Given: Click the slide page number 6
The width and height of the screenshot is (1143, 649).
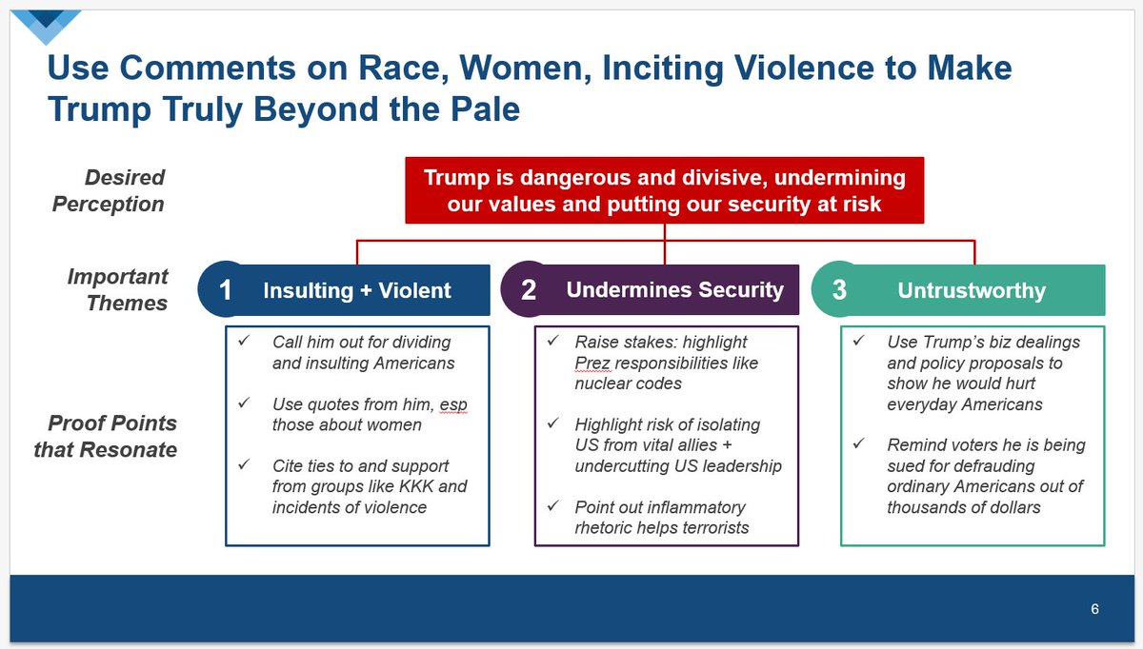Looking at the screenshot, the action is tap(1094, 609).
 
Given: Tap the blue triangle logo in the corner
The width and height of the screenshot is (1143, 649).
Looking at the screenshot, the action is tap(46, 27).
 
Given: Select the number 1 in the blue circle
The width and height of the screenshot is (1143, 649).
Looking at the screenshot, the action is tap(225, 290).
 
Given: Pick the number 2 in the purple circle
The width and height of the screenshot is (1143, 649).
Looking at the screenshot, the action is tap(529, 289).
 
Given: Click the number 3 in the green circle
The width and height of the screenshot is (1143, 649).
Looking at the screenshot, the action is tap(839, 289).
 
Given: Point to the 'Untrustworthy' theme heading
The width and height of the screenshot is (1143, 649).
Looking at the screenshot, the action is tap(972, 290).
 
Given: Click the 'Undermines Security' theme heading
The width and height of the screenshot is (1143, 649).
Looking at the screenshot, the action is tap(674, 289).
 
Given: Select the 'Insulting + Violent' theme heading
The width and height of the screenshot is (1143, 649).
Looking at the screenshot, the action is tap(356, 290).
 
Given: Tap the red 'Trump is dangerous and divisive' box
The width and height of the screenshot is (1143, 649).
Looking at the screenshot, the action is tap(665, 190).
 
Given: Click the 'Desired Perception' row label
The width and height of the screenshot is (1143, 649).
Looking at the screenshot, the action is tap(109, 190).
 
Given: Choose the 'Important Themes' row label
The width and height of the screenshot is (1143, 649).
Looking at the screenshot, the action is tap(117, 289).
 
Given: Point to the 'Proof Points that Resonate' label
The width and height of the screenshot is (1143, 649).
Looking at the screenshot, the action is tap(105, 437).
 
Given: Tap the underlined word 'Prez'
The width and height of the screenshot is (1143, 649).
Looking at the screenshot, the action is tap(592, 363).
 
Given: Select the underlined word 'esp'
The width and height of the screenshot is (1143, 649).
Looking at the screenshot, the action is tap(453, 404).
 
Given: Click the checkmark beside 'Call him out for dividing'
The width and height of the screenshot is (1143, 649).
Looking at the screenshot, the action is tap(244, 340).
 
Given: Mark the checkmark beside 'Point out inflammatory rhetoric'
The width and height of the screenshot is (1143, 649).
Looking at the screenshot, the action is tap(553, 505).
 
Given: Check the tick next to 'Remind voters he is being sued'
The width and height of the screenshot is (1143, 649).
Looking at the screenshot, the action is tap(859, 443).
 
